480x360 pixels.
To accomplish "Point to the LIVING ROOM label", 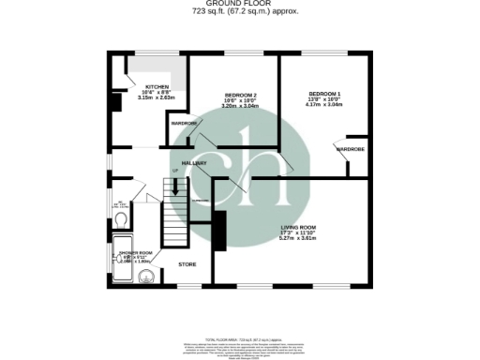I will click(302, 227).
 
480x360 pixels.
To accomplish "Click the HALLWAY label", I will click(194, 163).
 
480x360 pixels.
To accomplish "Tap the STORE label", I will click(187, 264).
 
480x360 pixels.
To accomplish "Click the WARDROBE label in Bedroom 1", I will click(350, 149).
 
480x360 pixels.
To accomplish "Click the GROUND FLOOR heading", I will click(240, 5).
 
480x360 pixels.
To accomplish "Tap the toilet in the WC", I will click(124, 218).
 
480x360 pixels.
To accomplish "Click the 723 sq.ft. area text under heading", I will click(240, 13).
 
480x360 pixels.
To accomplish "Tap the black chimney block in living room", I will click(220, 231).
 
